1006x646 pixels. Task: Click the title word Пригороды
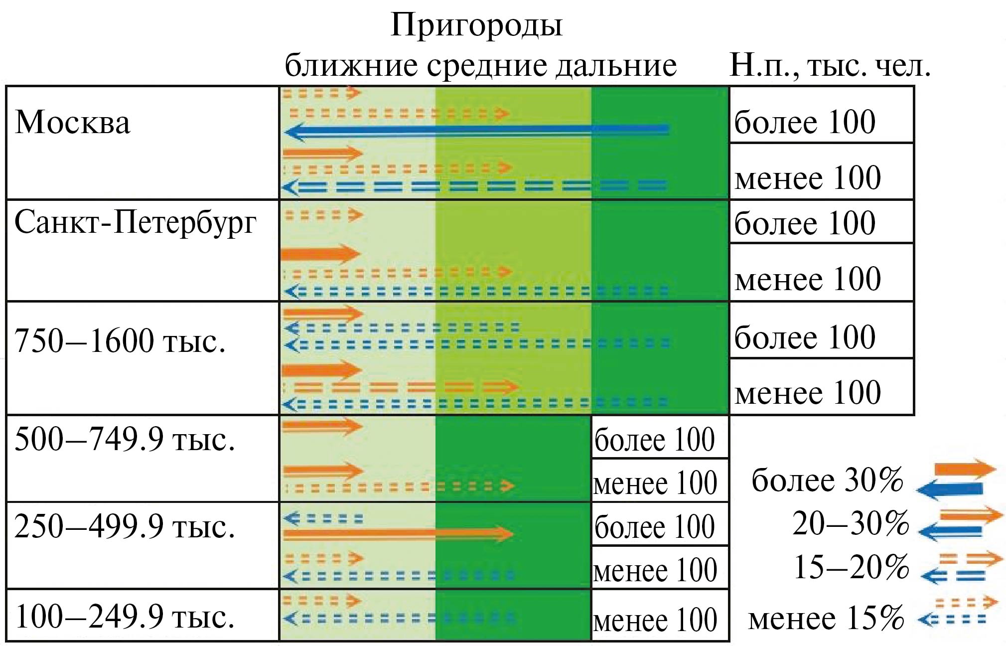tap(476, 25)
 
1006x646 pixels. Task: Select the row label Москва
tap(73, 123)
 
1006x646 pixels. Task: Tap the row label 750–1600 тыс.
tap(120, 342)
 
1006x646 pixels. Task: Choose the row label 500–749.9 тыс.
tap(125, 440)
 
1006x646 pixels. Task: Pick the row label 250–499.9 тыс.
tap(125, 526)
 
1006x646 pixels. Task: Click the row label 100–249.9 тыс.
tap(125, 617)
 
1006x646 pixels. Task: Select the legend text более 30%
tap(827, 481)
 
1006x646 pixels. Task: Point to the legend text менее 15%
tap(826, 618)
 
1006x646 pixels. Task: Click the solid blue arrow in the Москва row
tap(476, 131)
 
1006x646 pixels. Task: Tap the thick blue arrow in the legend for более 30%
tap(950, 489)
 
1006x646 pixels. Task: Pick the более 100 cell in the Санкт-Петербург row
tap(805, 222)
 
